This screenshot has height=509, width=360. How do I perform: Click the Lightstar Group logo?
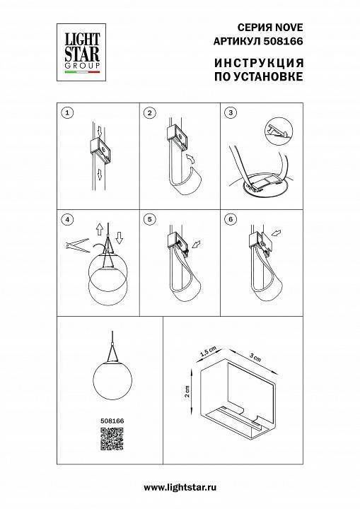click(x=82, y=52)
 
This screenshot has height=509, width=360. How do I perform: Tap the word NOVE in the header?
click(x=289, y=28)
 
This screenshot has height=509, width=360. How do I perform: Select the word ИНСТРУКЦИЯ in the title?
click(x=259, y=62)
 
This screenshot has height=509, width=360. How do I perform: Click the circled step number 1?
click(x=68, y=112)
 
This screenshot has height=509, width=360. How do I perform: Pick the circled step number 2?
click(x=149, y=112)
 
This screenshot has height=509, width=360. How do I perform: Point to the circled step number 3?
click(x=231, y=112)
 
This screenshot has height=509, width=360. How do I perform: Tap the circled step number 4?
click(x=68, y=219)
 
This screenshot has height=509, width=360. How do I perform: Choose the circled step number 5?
click(x=149, y=219)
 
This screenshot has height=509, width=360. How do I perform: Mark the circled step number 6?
click(x=231, y=219)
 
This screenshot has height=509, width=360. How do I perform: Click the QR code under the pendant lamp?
click(x=112, y=439)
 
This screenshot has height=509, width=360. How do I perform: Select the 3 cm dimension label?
click(x=255, y=357)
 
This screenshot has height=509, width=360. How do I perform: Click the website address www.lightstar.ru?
click(x=180, y=487)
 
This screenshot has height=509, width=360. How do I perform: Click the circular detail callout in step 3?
click(x=279, y=131)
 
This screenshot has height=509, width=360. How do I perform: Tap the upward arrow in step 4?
click(x=99, y=229)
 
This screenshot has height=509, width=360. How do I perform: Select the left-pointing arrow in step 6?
click(x=276, y=233)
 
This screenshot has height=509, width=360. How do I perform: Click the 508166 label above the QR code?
click(x=112, y=421)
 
